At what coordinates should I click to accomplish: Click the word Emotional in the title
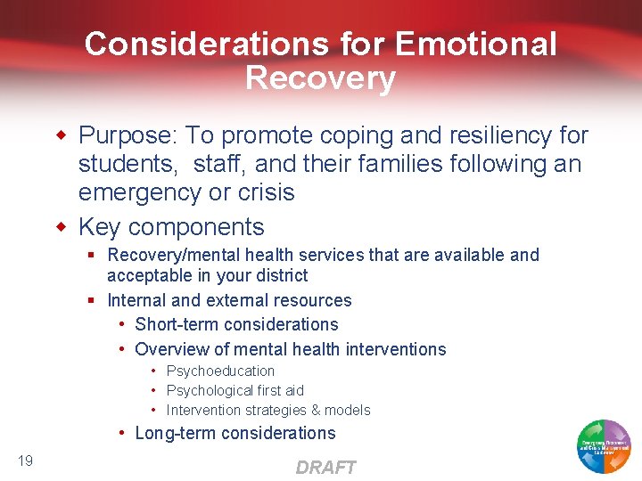pyautogui.click(x=475, y=44)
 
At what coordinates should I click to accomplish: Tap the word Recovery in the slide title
pyautogui.click(x=320, y=78)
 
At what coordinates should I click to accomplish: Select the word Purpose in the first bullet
pyautogui.click(x=127, y=135)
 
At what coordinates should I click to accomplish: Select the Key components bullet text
pyautogui.click(x=171, y=226)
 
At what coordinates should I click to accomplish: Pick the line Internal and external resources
pyautogui.click(x=229, y=300)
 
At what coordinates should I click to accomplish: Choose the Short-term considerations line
pyautogui.click(x=236, y=324)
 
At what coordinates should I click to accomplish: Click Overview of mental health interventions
pyautogui.click(x=290, y=349)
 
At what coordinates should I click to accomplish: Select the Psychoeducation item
pyautogui.click(x=220, y=371)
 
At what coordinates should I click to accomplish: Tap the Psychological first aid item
pyautogui.click(x=235, y=390)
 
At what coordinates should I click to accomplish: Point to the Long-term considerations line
pyautogui.click(x=235, y=433)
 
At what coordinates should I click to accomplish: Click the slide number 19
pyautogui.click(x=25, y=460)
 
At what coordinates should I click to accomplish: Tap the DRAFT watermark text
pyautogui.click(x=325, y=468)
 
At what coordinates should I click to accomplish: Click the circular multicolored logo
pyautogui.click(x=604, y=445)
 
